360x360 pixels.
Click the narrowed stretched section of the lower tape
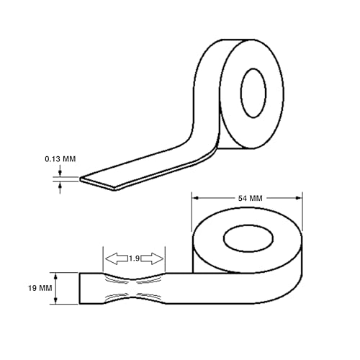135,288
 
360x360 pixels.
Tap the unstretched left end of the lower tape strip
90,288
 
